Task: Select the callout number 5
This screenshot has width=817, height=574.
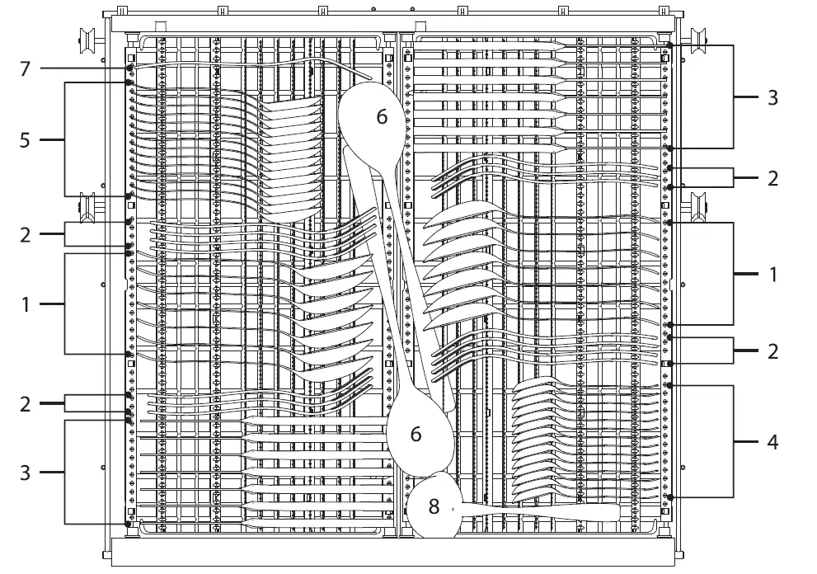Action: (x=25, y=140)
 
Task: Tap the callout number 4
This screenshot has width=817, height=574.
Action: (x=772, y=442)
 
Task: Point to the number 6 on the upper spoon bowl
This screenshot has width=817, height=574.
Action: (x=382, y=117)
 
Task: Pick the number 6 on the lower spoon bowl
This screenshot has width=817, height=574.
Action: (x=416, y=433)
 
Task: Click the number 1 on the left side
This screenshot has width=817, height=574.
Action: (x=25, y=304)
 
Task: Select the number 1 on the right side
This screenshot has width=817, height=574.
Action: (x=772, y=274)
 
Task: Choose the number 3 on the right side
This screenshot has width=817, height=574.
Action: (x=772, y=97)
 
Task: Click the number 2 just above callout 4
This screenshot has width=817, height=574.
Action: (x=772, y=351)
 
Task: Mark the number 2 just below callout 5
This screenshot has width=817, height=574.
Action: (x=25, y=234)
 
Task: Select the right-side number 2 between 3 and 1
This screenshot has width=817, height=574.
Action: (x=772, y=177)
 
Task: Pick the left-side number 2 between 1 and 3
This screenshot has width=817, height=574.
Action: (x=25, y=403)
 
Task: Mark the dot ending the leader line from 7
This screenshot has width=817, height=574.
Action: (x=130, y=68)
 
